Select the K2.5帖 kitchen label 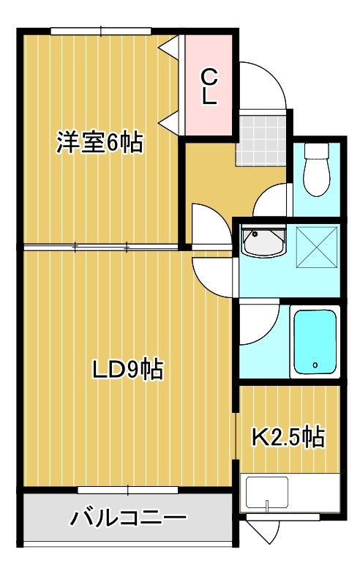(x=288, y=437)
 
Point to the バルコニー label (x=128, y=519)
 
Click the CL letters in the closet (x=209, y=87)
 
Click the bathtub (x=315, y=341)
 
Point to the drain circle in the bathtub (x=315, y=364)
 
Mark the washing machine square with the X (x=316, y=247)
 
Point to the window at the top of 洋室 (x=100, y=31)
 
